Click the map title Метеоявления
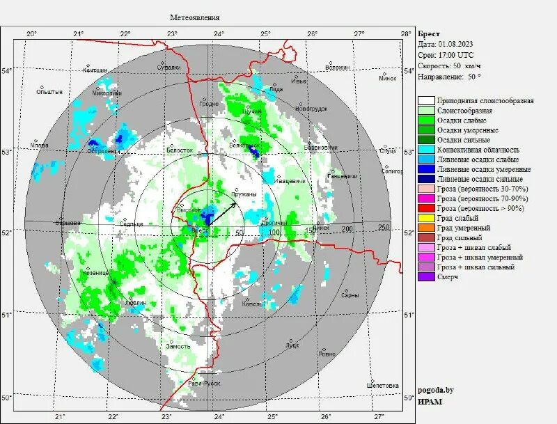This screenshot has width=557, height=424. pyautogui.click(x=195, y=17)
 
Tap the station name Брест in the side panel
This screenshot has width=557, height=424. pyautogui.click(x=428, y=33)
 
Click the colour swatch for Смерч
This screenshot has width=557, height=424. pyautogui.click(x=427, y=276)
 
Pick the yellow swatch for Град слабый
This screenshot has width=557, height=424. pyautogui.click(x=427, y=218)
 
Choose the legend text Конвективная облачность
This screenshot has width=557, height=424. pyautogui.click(x=478, y=150)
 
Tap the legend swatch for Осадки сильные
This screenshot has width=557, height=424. pyautogui.click(x=427, y=140)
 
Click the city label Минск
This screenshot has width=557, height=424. pyautogui.click(x=387, y=78)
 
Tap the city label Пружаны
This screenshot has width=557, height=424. pyautogui.click(x=244, y=194)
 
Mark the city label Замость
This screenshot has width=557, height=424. pyautogui.click(x=178, y=346)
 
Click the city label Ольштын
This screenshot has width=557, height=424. pyautogui.click(x=50, y=91)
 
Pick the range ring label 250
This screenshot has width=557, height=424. pyautogui.click(x=382, y=228)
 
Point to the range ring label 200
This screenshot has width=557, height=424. pyautogui.click(x=347, y=230)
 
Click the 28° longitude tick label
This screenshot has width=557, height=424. pyautogui.click(x=405, y=33)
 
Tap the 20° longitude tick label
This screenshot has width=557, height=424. pyautogui.click(x=31, y=33)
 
